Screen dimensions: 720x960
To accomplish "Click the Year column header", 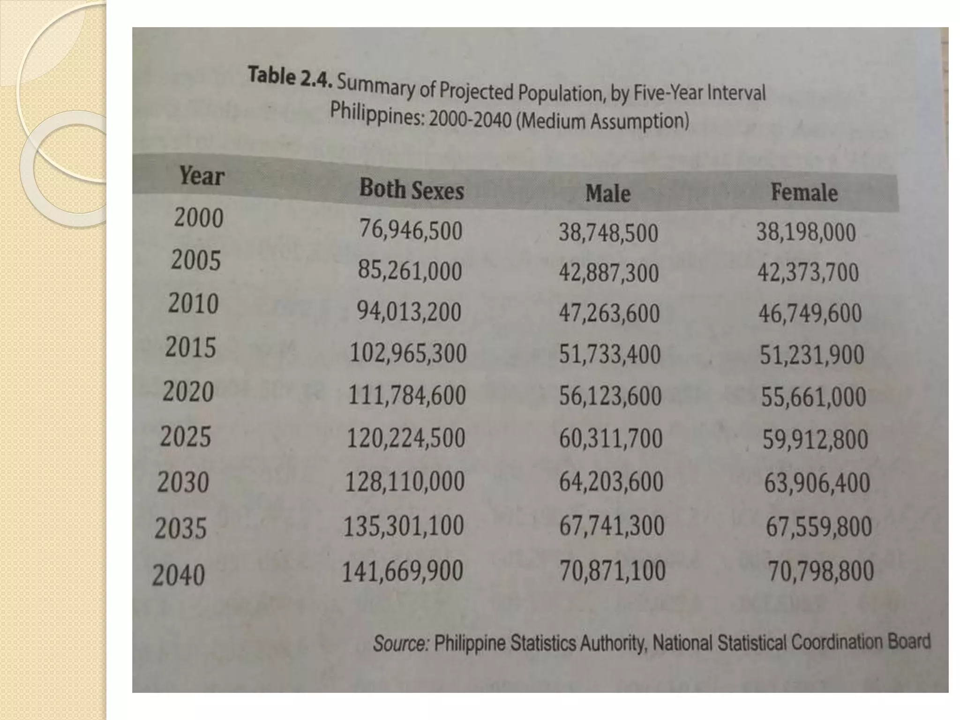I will pos(202,176).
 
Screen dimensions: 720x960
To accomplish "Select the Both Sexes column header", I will pos(412,190).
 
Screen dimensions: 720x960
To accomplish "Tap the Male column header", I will pos(608,194).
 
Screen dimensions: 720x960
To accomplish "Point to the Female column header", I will pos(804,193).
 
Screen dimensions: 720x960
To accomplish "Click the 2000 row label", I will pos(199,218).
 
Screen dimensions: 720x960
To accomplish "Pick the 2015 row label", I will pos(191,348).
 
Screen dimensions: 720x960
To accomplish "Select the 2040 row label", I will pos(179,575).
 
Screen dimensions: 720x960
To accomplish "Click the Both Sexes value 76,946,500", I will pos(411,231).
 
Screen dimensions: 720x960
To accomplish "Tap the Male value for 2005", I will pos(608,273).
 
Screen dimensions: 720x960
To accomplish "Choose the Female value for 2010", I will pos(810,314).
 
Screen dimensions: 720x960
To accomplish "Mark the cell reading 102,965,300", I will pos(408,353).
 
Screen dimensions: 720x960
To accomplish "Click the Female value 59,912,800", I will pos(815,440).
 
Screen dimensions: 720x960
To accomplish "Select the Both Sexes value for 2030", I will pos(405,482).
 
